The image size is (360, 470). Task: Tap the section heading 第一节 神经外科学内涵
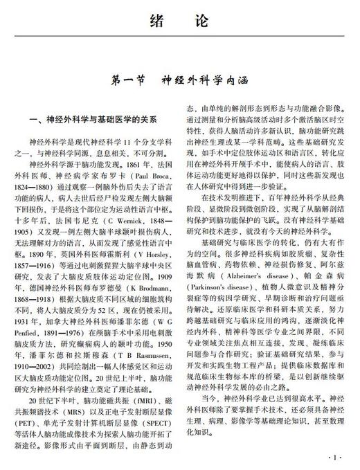coord(179,82)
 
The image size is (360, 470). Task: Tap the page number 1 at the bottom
coord(335,458)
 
